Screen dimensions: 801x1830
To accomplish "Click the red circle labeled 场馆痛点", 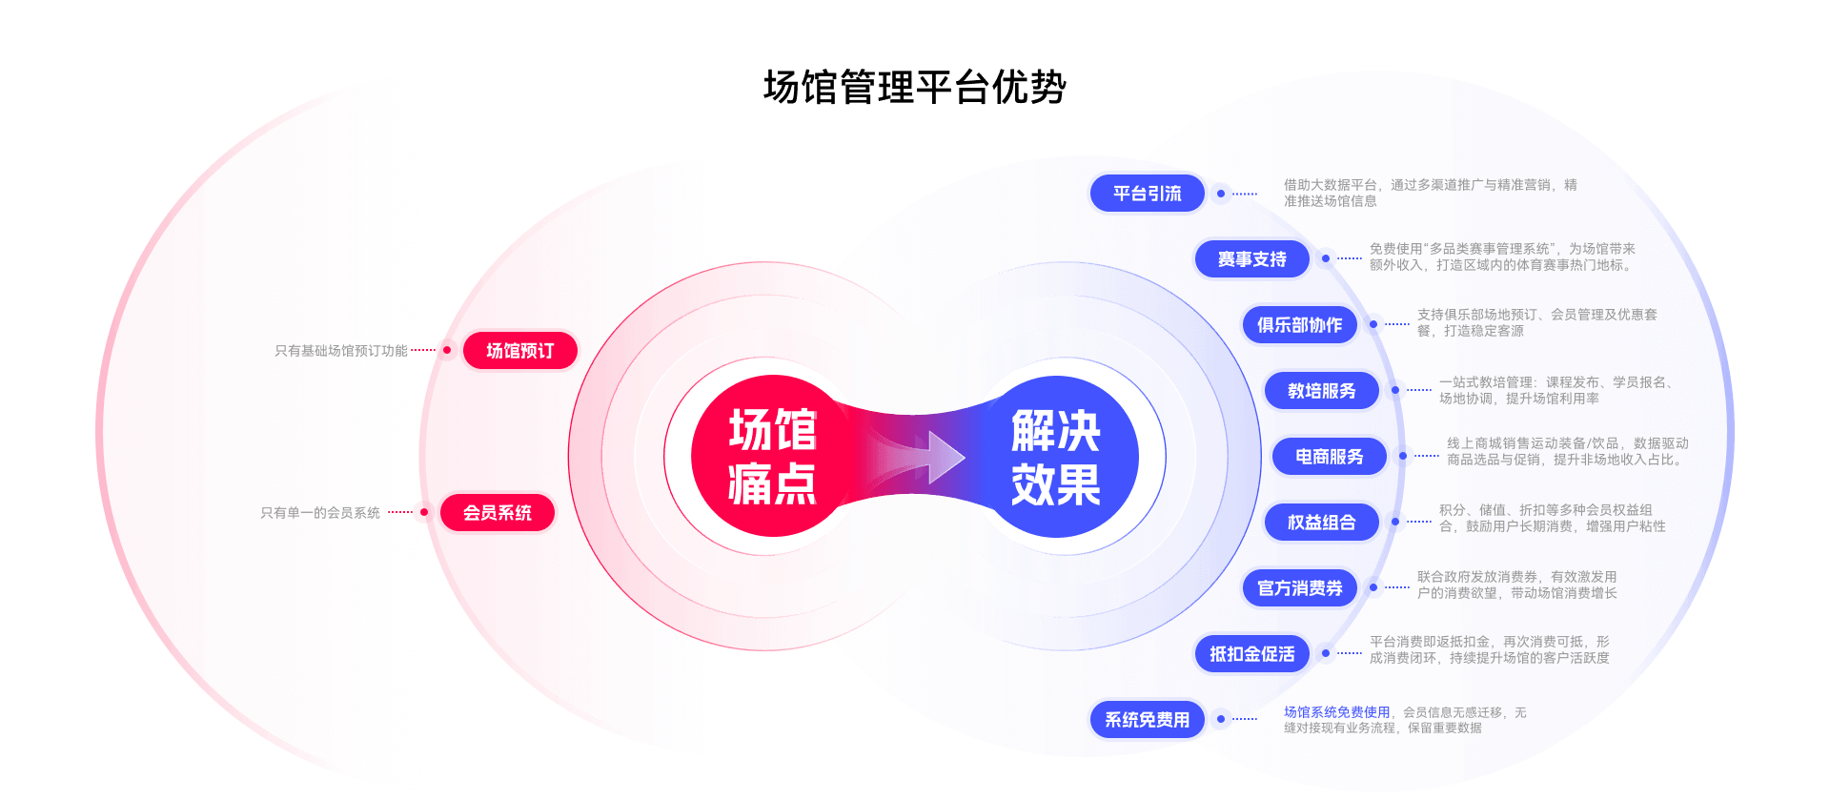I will (x=772, y=456).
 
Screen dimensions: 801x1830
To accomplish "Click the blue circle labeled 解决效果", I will (x=1056, y=456).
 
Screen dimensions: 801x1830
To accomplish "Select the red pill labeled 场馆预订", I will (x=519, y=351).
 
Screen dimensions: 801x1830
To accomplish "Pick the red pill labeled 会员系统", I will (x=497, y=513).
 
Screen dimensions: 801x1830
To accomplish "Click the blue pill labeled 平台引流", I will (x=1147, y=194).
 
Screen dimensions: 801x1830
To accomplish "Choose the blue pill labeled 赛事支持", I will (x=1251, y=259).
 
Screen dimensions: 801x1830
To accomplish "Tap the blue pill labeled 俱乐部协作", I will (x=1298, y=325).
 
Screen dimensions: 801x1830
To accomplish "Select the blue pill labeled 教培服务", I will (x=1321, y=391).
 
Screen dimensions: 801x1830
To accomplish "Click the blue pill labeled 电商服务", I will (x=1329, y=457).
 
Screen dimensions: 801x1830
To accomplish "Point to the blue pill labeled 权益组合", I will (x=1321, y=523).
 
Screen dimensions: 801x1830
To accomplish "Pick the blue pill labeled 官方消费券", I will (x=1299, y=588).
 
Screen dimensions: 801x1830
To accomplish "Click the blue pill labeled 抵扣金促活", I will (x=1251, y=654).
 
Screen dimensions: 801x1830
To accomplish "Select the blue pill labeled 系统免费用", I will (x=1147, y=720).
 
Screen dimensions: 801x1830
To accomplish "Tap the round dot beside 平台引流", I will (x=1221, y=194).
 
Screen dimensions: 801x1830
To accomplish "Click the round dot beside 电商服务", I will (x=1403, y=457).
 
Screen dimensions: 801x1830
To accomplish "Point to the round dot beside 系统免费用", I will (x=1221, y=720).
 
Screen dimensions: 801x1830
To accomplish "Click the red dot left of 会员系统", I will (x=420, y=513).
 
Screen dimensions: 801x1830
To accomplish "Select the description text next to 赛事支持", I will (x=1502, y=257).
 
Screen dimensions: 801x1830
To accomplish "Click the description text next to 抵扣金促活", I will (x=1489, y=649).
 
